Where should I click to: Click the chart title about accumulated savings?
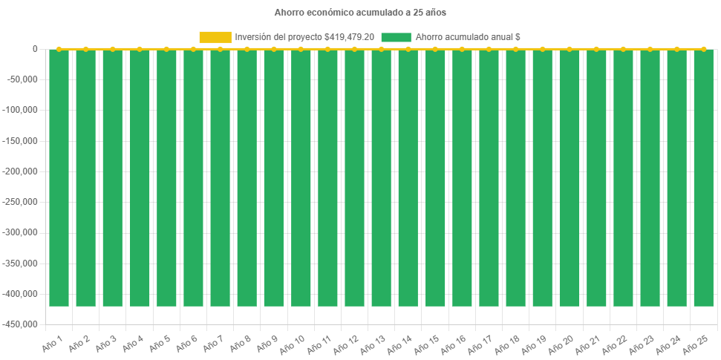point(360,13)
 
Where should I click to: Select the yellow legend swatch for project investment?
point(215,37)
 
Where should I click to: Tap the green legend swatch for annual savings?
point(395,37)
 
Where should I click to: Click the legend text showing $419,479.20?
point(304,37)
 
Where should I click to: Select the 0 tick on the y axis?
point(35,49)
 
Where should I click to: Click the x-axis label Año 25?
point(696,343)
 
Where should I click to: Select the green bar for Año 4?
point(140,178)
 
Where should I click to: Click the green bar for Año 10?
point(301,178)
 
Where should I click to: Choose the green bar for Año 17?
point(489,178)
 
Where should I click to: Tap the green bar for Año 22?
point(623,178)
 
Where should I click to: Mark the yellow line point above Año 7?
point(220,49)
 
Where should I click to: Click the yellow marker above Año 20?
point(570,49)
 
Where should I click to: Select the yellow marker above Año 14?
point(408,49)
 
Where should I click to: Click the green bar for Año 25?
point(703,178)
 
